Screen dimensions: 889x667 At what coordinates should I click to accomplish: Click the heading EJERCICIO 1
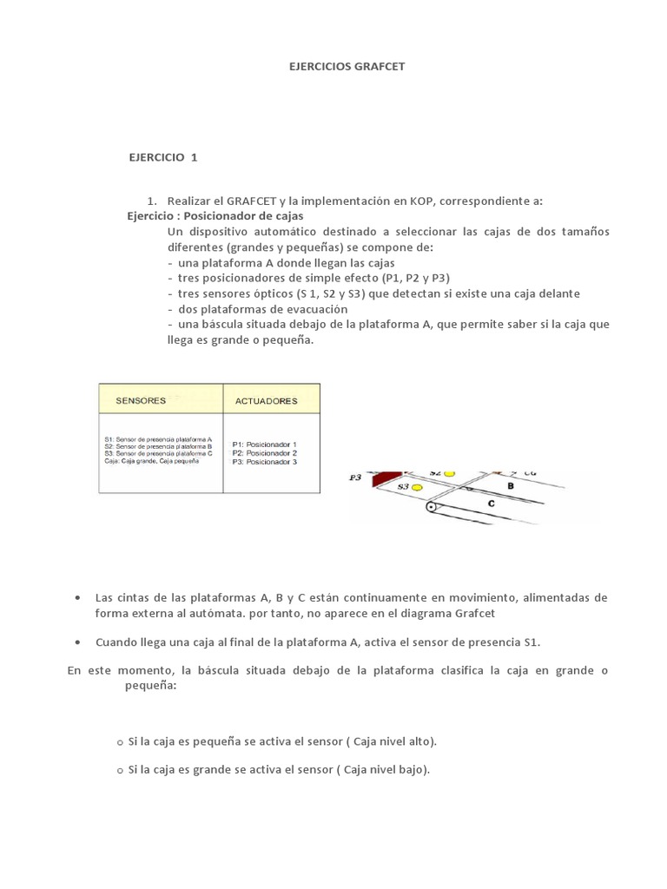click(x=163, y=157)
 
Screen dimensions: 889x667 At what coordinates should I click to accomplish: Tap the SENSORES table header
click(x=141, y=400)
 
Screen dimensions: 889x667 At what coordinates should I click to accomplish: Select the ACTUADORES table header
click(x=266, y=401)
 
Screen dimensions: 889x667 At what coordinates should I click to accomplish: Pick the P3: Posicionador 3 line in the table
click(x=264, y=462)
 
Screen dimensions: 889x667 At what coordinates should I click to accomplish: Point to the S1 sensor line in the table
click(x=157, y=440)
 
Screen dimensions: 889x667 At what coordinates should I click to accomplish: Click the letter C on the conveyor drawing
click(x=491, y=503)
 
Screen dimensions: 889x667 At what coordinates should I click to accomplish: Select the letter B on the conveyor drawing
click(x=512, y=486)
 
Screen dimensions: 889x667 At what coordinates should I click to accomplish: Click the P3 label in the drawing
click(x=354, y=477)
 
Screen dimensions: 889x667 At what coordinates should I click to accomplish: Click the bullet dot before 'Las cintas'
click(x=78, y=598)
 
